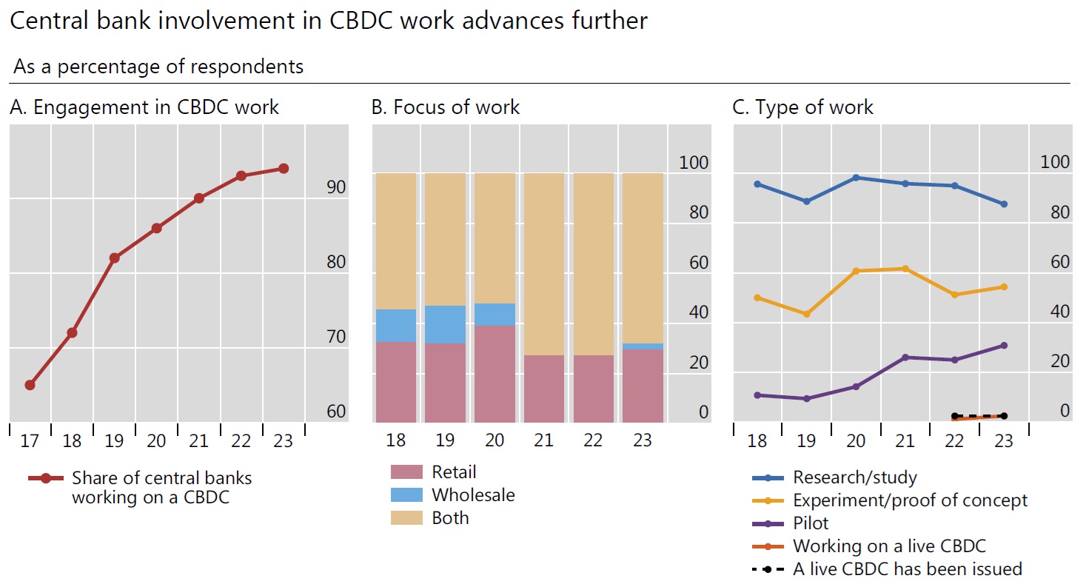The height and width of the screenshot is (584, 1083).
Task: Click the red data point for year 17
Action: tap(30, 385)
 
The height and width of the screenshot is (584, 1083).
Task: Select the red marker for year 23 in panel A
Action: tap(283, 169)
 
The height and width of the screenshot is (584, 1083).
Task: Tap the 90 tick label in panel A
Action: tap(336, 188)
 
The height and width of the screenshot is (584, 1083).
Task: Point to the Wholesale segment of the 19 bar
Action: tap(445, 324)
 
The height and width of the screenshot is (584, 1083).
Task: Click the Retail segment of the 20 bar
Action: tap(494, 374)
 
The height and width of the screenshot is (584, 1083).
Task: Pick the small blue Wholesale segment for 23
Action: tap(643, 346)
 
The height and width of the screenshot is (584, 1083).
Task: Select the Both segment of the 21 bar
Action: tap(544, 264)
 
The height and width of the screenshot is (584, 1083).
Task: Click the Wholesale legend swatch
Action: tap(406, 495)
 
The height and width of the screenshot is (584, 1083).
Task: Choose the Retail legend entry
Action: tap(454, 472)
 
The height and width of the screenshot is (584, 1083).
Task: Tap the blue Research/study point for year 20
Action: tap(856, 178)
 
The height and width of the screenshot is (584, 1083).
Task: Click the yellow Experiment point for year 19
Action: tap(807, 314)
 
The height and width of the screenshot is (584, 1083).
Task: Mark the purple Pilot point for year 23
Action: tap(1004, 346)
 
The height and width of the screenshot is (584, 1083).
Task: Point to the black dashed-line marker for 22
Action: tap(955, 416)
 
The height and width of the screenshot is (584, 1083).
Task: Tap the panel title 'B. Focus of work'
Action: tap(446, 107)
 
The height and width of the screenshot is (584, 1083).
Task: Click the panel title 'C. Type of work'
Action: tap(802, 107)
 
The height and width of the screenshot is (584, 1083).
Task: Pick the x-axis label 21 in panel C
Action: tap(905, 441)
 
